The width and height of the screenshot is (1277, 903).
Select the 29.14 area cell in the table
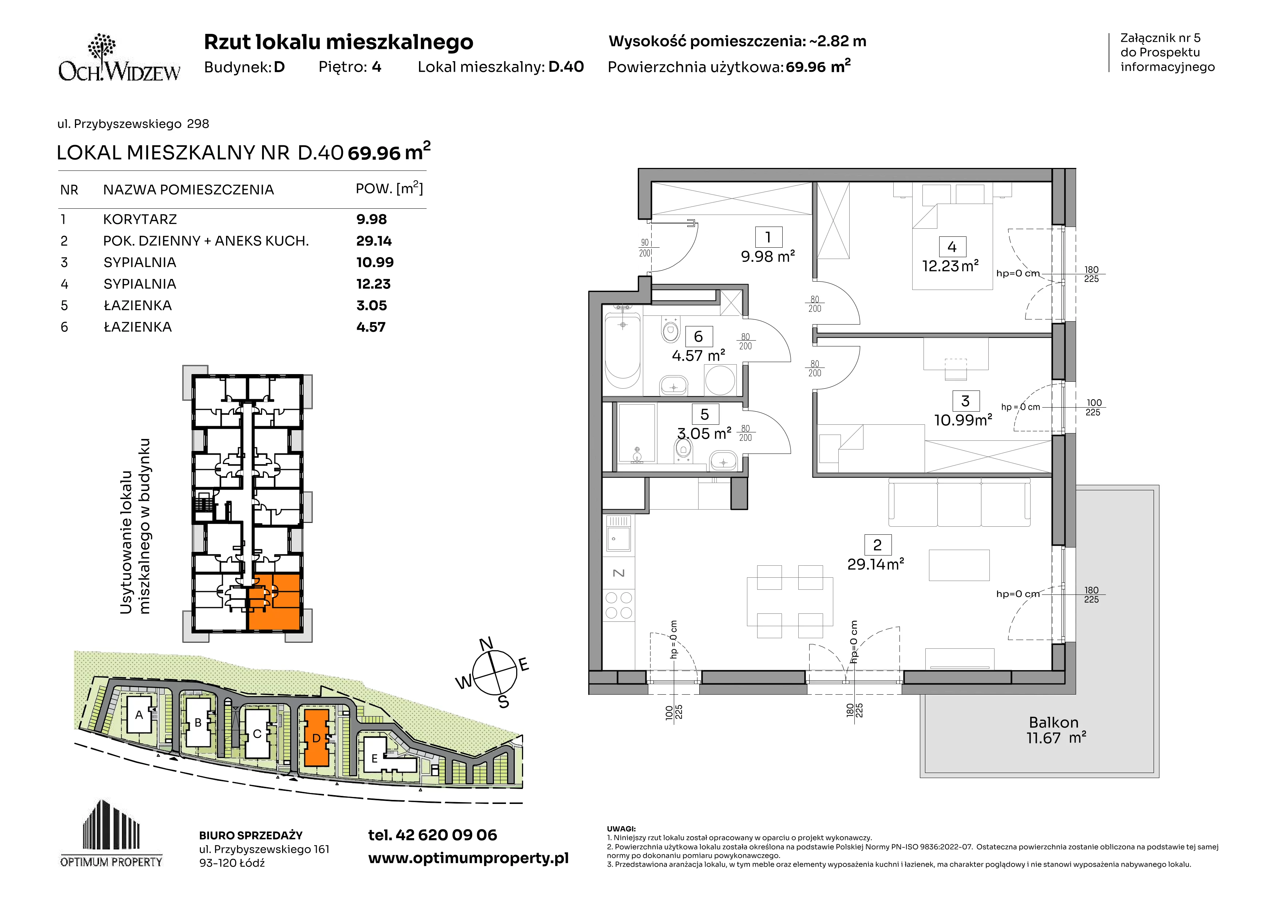(x=374, y=241)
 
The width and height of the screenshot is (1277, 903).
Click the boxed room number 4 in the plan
(x=952, y=247)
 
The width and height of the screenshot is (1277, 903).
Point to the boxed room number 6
(x=699, y=336)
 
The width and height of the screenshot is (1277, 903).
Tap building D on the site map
(x=316, y=738)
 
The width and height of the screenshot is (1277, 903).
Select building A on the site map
(x=139, y=714)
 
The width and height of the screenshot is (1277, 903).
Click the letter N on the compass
(x=486, y=644)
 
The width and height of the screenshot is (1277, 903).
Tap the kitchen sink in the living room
(x=618, y=533)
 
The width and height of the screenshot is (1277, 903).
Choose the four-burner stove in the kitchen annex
(x=618, y=605)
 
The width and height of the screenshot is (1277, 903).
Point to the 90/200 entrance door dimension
(x=645, y=248)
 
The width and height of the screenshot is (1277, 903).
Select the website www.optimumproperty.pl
(x=468, y=859)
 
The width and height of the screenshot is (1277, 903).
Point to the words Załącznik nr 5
(x=1160, y=38)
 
